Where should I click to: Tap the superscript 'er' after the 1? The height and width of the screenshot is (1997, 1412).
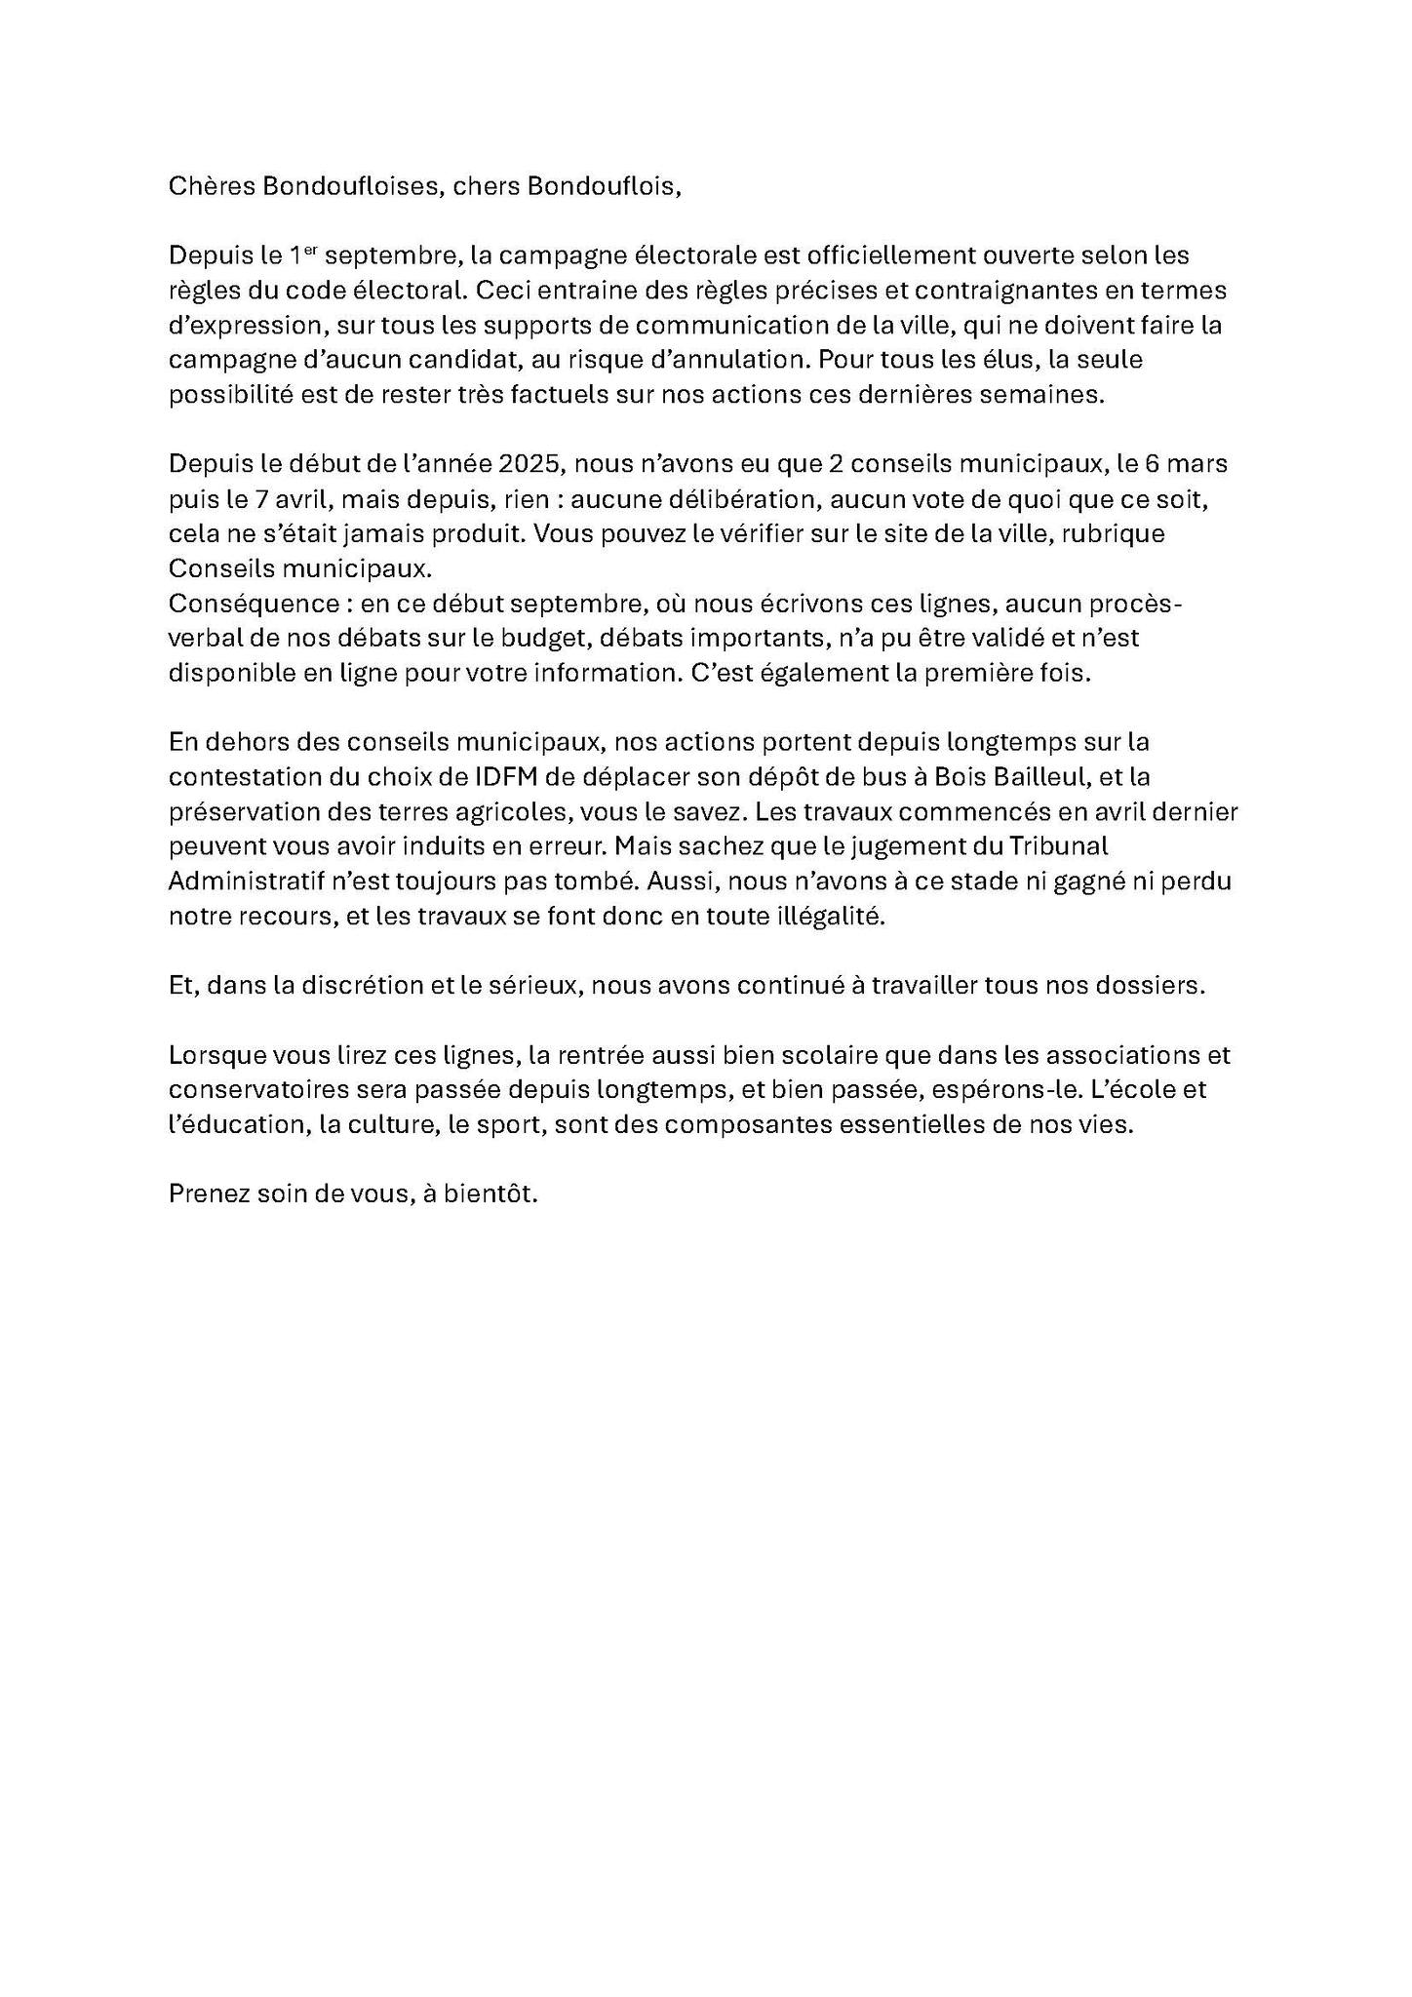[311, 251]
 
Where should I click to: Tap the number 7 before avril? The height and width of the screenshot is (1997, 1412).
[260, 500]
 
